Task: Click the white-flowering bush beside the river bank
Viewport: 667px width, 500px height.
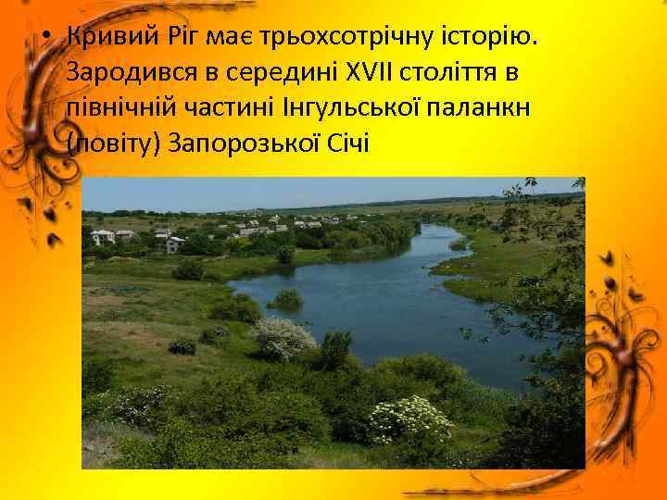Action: (283, 338)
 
